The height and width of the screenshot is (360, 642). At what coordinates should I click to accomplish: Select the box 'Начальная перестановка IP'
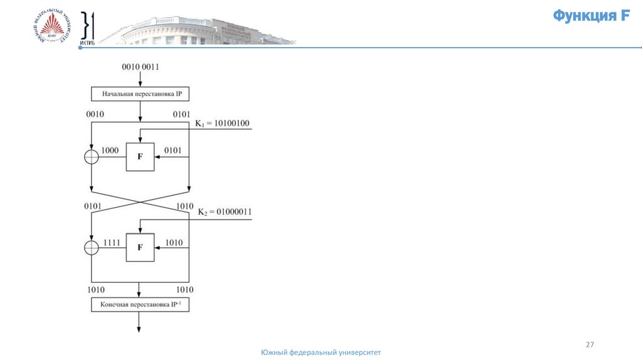140,94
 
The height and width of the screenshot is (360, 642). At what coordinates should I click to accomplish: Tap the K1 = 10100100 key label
223,124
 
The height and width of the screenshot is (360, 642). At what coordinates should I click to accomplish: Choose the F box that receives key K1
140,157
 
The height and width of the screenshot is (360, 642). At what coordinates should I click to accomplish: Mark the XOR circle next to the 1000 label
92,157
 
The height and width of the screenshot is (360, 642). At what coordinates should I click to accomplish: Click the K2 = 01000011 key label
224,212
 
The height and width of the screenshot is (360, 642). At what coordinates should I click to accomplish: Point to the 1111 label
112,242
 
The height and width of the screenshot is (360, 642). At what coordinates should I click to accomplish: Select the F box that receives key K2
140,248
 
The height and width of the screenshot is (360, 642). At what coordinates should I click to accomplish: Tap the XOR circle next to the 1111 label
92,248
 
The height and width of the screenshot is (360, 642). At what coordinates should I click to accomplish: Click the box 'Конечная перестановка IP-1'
140,305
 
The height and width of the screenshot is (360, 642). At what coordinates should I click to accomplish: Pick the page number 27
589,345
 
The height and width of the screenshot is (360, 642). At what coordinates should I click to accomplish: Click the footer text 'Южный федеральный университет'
320,353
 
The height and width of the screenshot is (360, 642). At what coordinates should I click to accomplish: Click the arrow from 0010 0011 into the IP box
140,79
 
